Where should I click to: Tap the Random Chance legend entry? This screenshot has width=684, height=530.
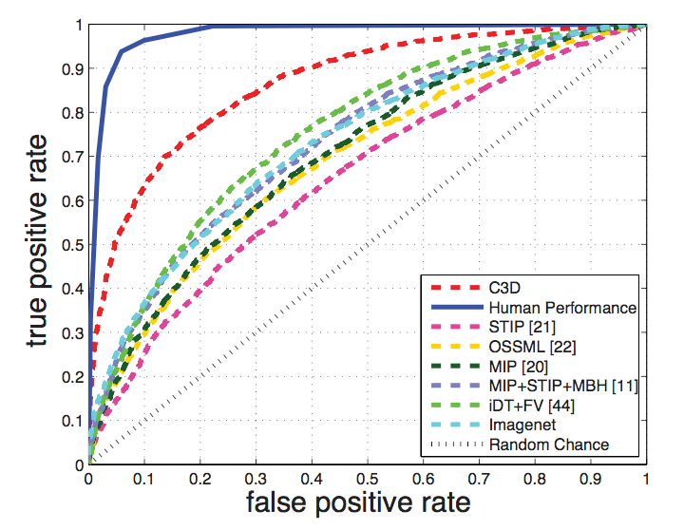tap(548, 445)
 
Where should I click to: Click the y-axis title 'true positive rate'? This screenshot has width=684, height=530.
tap(36, 244)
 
